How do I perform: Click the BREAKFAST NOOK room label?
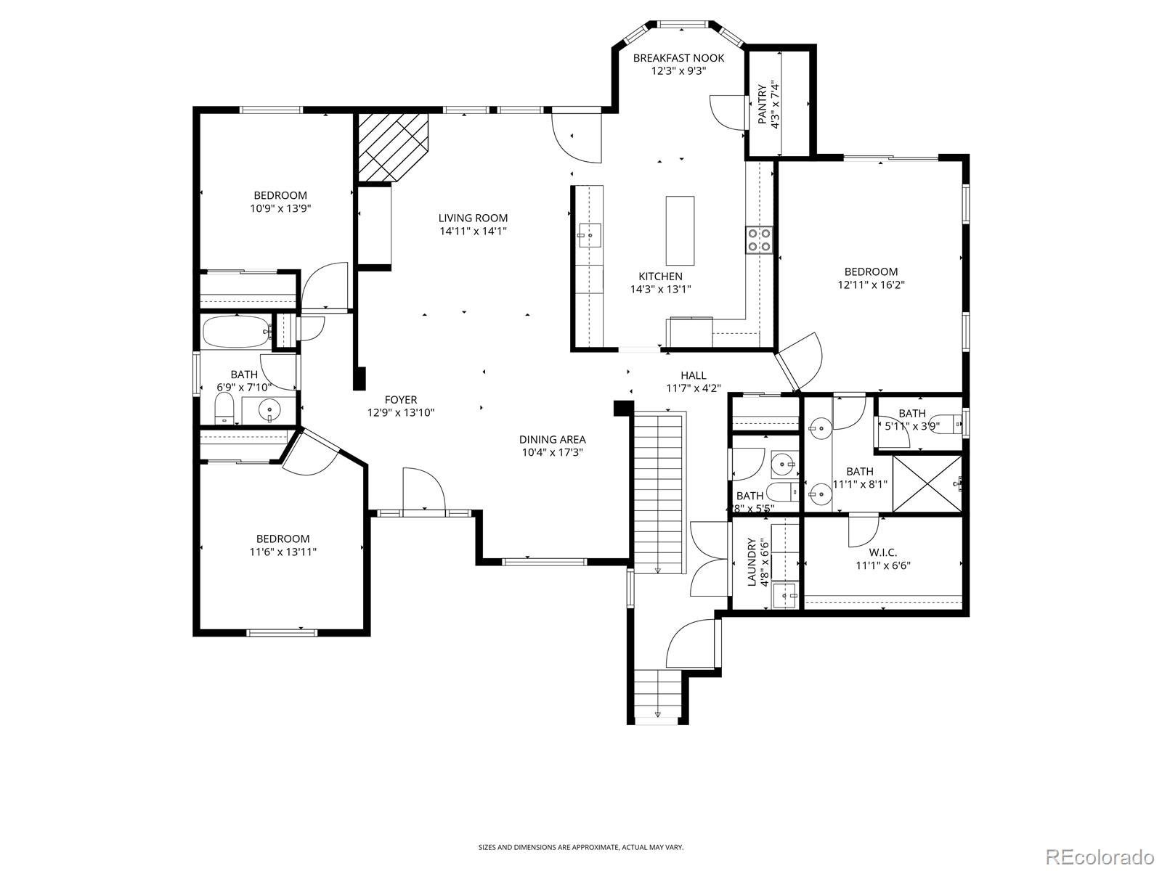click(678, 57)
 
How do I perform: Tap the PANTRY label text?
click(763, 105)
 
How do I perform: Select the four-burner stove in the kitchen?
click(759, 240)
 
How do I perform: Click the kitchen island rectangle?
click(680, 231)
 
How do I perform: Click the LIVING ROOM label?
click(473, 218)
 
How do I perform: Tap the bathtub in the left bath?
click(236, 332)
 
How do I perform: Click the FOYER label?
click(401, 400)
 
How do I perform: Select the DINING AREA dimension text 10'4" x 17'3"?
click(552, 453)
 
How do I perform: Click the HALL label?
click(693, 375)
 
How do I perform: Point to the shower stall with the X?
click(927, 483)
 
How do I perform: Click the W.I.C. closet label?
click(883, 552)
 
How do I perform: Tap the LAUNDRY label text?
click(751, 562)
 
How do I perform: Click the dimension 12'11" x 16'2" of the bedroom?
click(871, 285)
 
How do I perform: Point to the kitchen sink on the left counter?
click(589, 235)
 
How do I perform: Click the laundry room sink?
click(784, 595)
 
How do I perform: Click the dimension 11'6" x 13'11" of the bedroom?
click(283, 552)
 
